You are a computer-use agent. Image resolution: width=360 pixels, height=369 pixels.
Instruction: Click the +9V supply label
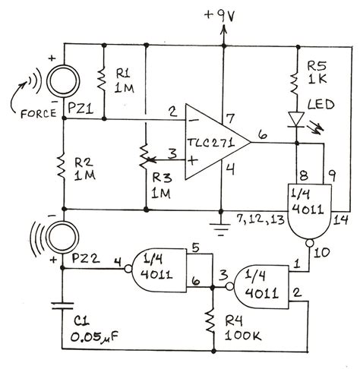221,13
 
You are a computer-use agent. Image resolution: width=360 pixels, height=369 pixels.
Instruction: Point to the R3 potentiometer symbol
144,160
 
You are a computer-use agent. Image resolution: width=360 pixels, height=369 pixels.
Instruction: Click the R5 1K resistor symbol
293,80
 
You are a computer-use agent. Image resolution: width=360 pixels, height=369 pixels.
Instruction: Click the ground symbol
221,223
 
